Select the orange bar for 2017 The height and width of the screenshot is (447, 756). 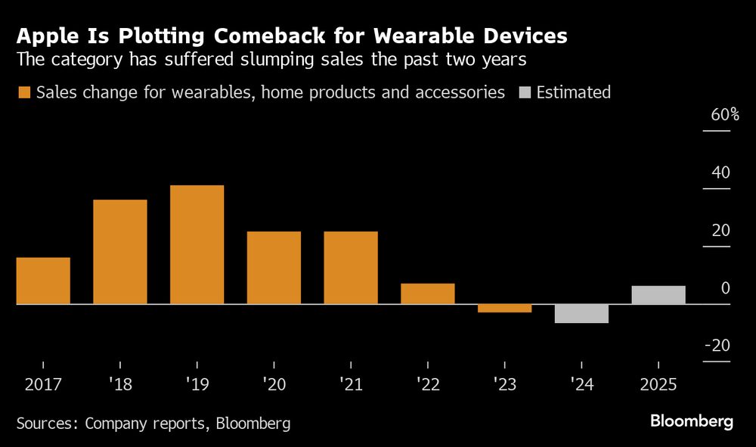point(43,281)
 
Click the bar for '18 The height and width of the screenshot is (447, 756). point(120,252)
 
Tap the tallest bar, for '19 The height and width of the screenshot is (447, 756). point(197,244)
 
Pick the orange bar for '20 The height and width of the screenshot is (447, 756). point(274,268)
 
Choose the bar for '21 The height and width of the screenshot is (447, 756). point(351,268)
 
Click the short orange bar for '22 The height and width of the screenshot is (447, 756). point(428,293)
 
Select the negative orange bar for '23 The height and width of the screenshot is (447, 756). point(504,308)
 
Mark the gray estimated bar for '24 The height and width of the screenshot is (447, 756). point(581,313)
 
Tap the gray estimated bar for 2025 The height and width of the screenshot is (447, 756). point(658,295)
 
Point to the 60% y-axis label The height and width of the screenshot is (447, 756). point(724,116)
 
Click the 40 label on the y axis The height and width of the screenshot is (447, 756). point(720,173)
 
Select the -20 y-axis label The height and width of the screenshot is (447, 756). point(717,346)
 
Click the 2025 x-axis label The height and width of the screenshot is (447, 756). point(658,384)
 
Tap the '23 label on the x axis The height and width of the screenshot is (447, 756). point(504,384)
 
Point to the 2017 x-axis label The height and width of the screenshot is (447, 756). point(43,384)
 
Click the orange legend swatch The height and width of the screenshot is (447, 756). point(24,93)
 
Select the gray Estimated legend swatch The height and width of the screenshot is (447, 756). point(525,93)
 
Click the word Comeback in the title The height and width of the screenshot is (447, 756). point(262,36)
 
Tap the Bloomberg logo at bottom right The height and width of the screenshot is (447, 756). point(692,421)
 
